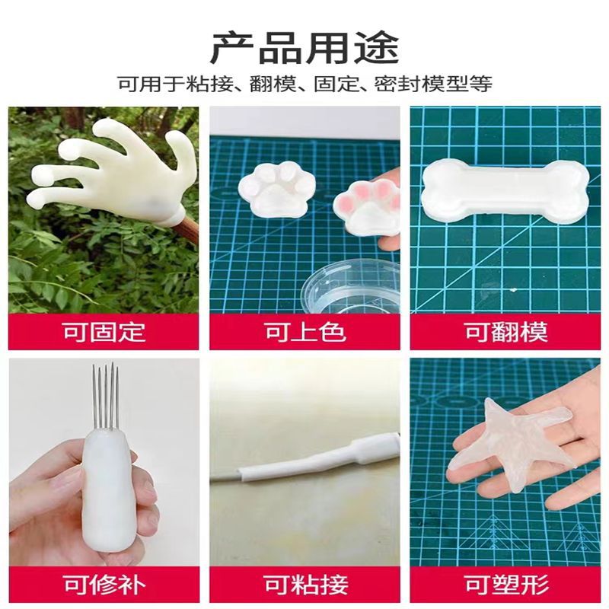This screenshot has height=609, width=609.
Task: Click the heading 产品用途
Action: click(304, 46)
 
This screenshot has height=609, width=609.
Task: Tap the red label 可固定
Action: click(104, 333)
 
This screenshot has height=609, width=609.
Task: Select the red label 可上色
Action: click(304, 333)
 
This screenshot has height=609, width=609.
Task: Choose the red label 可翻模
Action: click(505, 333)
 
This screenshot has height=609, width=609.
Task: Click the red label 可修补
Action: click(104, 585)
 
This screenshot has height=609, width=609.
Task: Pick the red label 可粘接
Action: click(304, 585)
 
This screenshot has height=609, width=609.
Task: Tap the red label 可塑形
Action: click(505, 585)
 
